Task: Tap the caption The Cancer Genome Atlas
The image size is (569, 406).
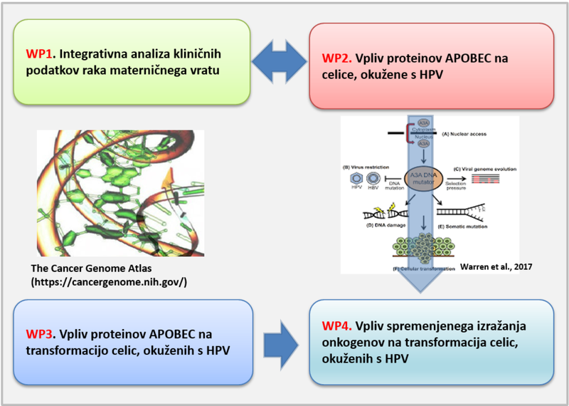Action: click(81, 269)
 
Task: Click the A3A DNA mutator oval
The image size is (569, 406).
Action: click(424, 176)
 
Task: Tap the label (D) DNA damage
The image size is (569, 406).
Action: click(383, 227)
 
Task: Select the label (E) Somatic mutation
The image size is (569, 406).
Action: click(474, 227)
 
